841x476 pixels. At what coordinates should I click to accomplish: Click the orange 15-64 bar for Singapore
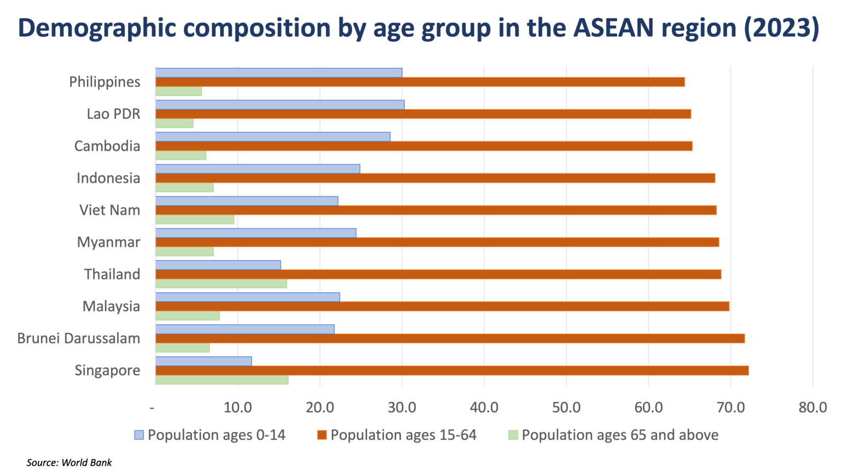point(452,371)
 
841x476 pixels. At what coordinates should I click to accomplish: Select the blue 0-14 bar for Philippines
point(279,73)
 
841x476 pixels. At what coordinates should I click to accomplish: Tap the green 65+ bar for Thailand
point(221,284)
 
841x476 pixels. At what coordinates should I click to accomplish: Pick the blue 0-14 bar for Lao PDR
point(280,105)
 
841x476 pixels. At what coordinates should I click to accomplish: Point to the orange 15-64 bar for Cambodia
point(424,146)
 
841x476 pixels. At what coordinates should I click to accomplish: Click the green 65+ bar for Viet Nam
point(195,220)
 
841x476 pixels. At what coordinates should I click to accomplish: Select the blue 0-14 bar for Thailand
point(218,265)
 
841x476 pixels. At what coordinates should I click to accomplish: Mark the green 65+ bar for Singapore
point(222,380)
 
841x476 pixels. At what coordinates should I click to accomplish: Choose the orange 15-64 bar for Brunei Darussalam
point(450,339)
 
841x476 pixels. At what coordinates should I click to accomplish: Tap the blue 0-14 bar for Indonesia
point(257,169)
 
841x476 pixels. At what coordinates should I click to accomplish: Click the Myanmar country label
point(108,242)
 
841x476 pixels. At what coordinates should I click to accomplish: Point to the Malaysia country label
point(111,306)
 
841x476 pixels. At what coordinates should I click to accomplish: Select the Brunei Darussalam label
point(78,339)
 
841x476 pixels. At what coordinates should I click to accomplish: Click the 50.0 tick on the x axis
point(566,408)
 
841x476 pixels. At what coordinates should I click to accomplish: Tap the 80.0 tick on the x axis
point(813,408)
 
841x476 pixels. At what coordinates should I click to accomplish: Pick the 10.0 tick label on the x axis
point(238,408)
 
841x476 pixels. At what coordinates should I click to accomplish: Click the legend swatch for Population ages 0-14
point(139,435)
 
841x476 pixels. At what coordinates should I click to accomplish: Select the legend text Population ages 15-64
point(404,435)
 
